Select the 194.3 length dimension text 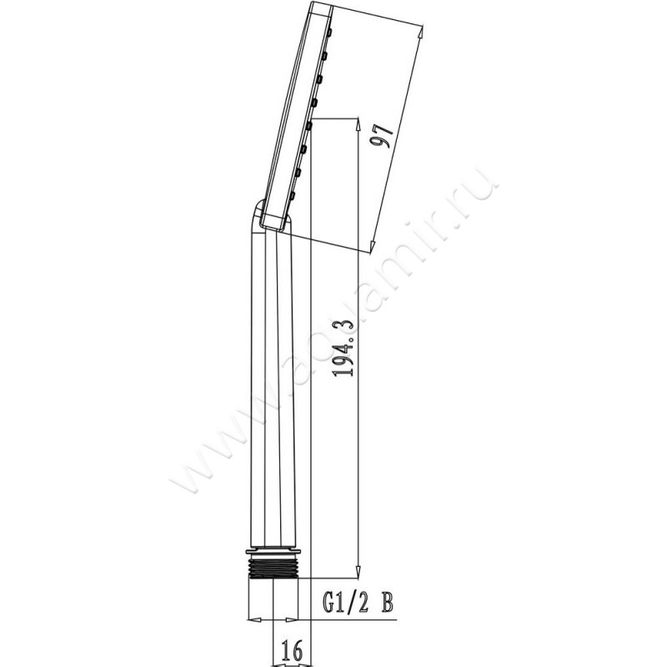(x=344, y=349)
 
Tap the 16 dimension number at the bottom (x=292, y=649)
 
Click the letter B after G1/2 (x=387, y=603)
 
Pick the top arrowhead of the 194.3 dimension (x=359, y=125)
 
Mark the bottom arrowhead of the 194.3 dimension (x=359, y=571)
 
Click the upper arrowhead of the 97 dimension (x=420, y=33)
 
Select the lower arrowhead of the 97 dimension (x=372, y=247)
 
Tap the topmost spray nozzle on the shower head (x=328, y=32)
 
